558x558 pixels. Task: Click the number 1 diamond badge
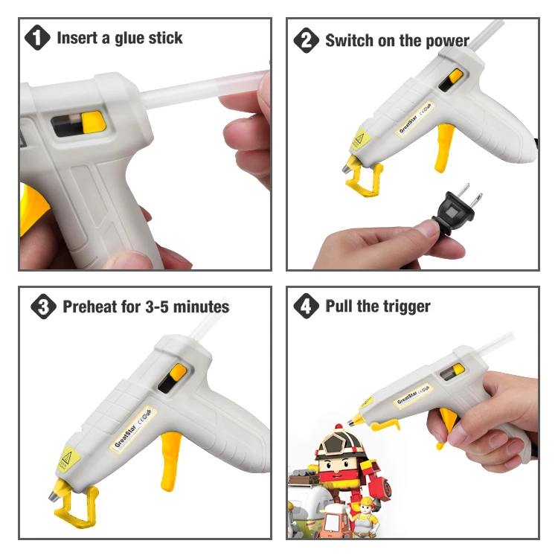click(x=37, y=37)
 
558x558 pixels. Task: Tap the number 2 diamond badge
click(x=306, y=40)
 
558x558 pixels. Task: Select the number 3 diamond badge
click(x=43, y=307)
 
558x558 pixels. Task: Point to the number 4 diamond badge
click(x=306, y=306)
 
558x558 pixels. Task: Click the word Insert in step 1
click(x=77, y=38)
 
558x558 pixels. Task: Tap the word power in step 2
click(x=448, y=41)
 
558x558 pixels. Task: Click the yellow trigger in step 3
click(x=170, y=460)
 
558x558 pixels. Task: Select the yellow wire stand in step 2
click(x=365, y=177)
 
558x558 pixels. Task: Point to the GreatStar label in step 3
click(x=132, y=429)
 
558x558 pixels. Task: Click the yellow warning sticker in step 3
click(x=68, y=458)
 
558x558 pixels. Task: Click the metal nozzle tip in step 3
click(x=54, y=496)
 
